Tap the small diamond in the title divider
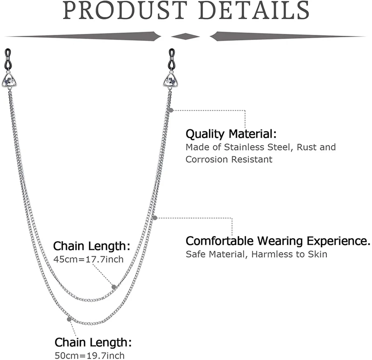186,36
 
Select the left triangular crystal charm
11,81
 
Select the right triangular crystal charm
171,81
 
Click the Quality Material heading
231,134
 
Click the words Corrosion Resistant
229,159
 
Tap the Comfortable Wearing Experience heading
278,241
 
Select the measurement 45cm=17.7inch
88,259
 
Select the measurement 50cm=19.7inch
90,356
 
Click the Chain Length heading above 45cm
92,246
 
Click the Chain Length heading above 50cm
93,343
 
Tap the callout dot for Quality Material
172,110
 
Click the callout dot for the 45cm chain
113,286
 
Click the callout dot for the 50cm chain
70,319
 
